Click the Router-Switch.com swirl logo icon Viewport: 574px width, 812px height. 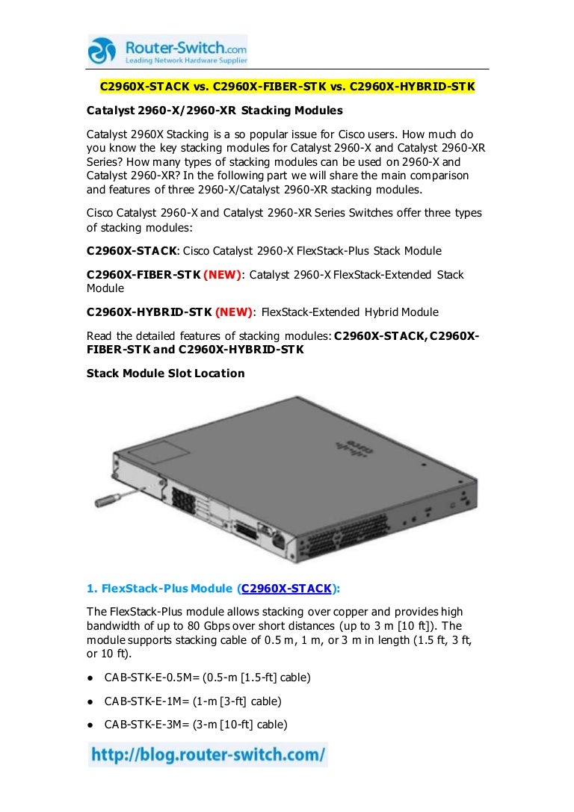[102, 51]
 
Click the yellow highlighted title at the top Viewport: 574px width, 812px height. [287, 87]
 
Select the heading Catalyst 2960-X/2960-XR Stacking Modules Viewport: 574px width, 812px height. [215, 111]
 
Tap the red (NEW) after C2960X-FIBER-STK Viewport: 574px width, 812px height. [222, 274]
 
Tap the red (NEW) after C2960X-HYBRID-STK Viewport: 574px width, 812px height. [234, 312]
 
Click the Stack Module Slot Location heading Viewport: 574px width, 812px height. [165, 374]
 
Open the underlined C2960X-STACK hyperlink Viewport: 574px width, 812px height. [286, 589]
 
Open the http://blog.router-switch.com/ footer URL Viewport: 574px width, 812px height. [209, 754]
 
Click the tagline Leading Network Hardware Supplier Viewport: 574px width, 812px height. [186, 61]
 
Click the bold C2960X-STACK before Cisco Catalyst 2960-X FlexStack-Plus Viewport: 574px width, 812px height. [132, 251]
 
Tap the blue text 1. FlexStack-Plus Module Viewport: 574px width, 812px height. [159, 589]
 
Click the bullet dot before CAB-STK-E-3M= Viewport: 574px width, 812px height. [90, 725]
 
